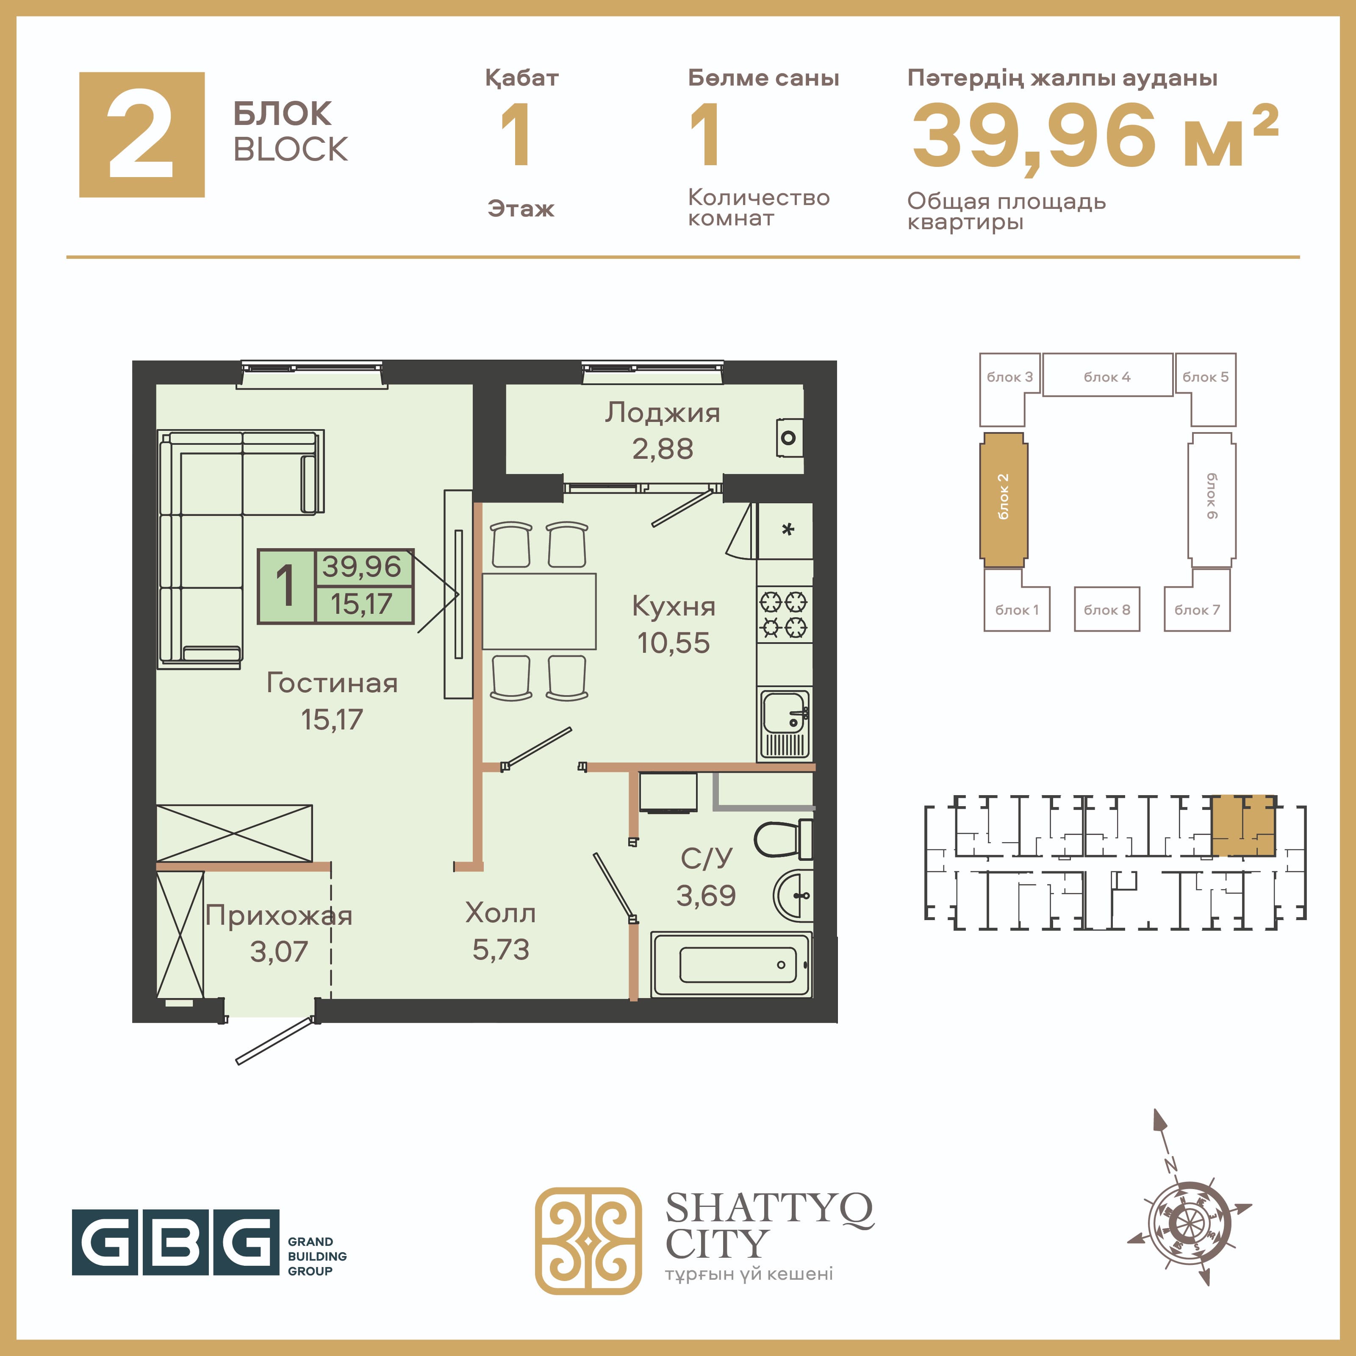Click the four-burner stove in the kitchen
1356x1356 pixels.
[x=785, y=615]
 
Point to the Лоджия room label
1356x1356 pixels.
[x=663, y=413]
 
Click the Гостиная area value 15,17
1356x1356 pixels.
[x=332, y=719]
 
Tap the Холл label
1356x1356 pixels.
[x=500, y=913]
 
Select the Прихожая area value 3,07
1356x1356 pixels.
[x=279, y=952]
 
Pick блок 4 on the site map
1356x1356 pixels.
[x=1107, y=375]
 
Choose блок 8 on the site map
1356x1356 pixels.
[x=1107, y=609]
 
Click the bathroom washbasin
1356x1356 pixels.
[x=793, y=896]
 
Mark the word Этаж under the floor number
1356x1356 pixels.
[x=521, y=208]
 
